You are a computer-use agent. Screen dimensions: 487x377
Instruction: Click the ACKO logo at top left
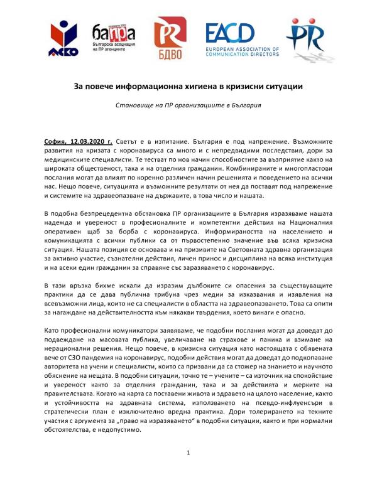click(65, 39)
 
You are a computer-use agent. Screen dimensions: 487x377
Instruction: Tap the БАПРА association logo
click(114, 38)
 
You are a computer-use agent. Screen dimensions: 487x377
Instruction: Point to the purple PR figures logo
click(310, 39)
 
